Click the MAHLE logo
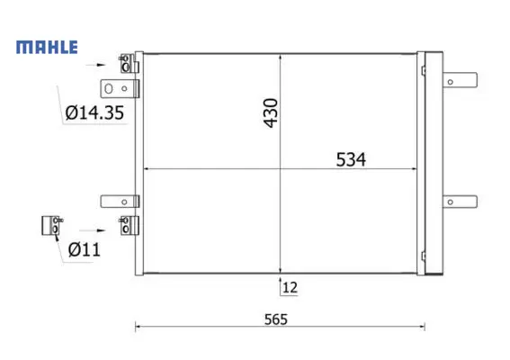point(47,47)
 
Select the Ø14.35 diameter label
point(94,112)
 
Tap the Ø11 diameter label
point(85,250)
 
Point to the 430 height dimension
point(271,112)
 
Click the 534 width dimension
point(351,159)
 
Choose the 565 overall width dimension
point(276,319)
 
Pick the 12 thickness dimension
point(290,287)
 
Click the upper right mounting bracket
point(460,80)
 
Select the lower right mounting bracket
point(460,202)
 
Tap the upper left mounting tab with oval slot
point(120,88)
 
